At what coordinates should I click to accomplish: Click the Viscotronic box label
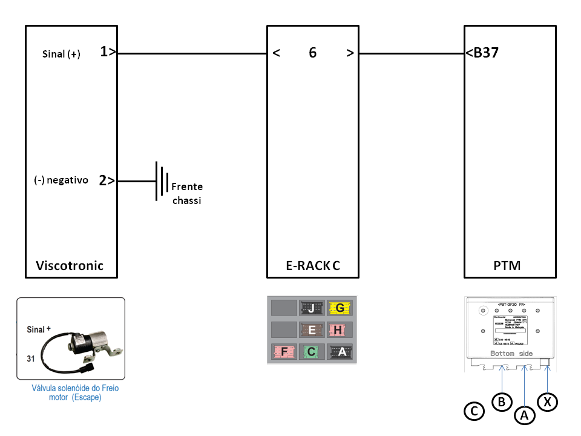pyautogui.click(x=70, y=265)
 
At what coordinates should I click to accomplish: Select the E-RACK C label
pyautogui.click(x=312, y=265)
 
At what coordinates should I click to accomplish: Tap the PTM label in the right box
pyautogui.click(x=507, y=265)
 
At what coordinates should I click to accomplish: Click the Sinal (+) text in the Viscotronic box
pyautogui.click(x=61, y=54)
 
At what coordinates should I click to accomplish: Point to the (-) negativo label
pyautogui.click(x=61, y=180)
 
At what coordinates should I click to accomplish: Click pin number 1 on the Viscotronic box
pyautogui.click(x=105, y=53)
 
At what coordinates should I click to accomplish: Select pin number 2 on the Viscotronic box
pyautogui.click(x=103, y=180)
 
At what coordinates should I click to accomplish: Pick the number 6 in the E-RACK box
pyautogui.click(x=312, y=53)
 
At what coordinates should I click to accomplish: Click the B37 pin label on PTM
pyautogui.click(x=485, y=53)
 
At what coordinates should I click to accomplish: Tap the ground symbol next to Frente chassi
pyautogui.click(x=161, y=180)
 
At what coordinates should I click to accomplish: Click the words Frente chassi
pyautogui.click(x=187, y=193)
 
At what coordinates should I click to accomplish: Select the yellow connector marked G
pyautogui.click(x=340, y=308)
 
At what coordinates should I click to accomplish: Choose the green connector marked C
pyautogui.click(x=311, y=351)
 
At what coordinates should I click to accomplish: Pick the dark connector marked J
pyautogui.click(x=311, y=308)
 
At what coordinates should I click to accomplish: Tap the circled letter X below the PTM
pyautogui.click(x=548, y=401)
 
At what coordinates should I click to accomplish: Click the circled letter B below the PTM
pyautogui.click(x=502, y=401)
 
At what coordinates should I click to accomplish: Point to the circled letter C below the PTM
pyautogui.click(x=474, y=412)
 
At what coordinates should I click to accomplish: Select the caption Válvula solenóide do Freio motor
pyautogui.click(x=75, y=393)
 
